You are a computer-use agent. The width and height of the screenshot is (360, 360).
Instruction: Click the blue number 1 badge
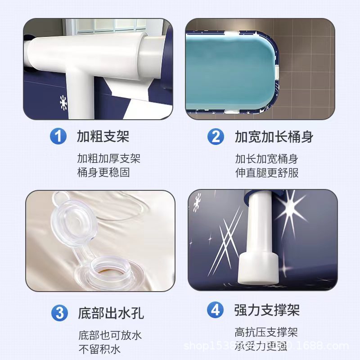tap(58, 136)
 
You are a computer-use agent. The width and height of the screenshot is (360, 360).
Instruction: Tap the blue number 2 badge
tap(216, 136)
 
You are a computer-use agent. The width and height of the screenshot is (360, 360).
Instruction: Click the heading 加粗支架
tap(103, 136)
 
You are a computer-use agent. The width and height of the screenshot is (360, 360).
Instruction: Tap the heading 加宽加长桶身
tap(274, 136)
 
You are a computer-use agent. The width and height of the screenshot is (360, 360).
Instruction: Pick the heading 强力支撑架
tap(267, 310)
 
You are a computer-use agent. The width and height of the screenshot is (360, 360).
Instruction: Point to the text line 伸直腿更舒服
tap(267, 172)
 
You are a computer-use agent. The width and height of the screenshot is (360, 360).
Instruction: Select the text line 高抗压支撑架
tap(266, 333)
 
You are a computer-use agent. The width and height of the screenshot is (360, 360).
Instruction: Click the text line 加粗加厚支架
tap(109, 158)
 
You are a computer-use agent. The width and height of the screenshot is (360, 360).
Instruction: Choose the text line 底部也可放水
tap(110, 335)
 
